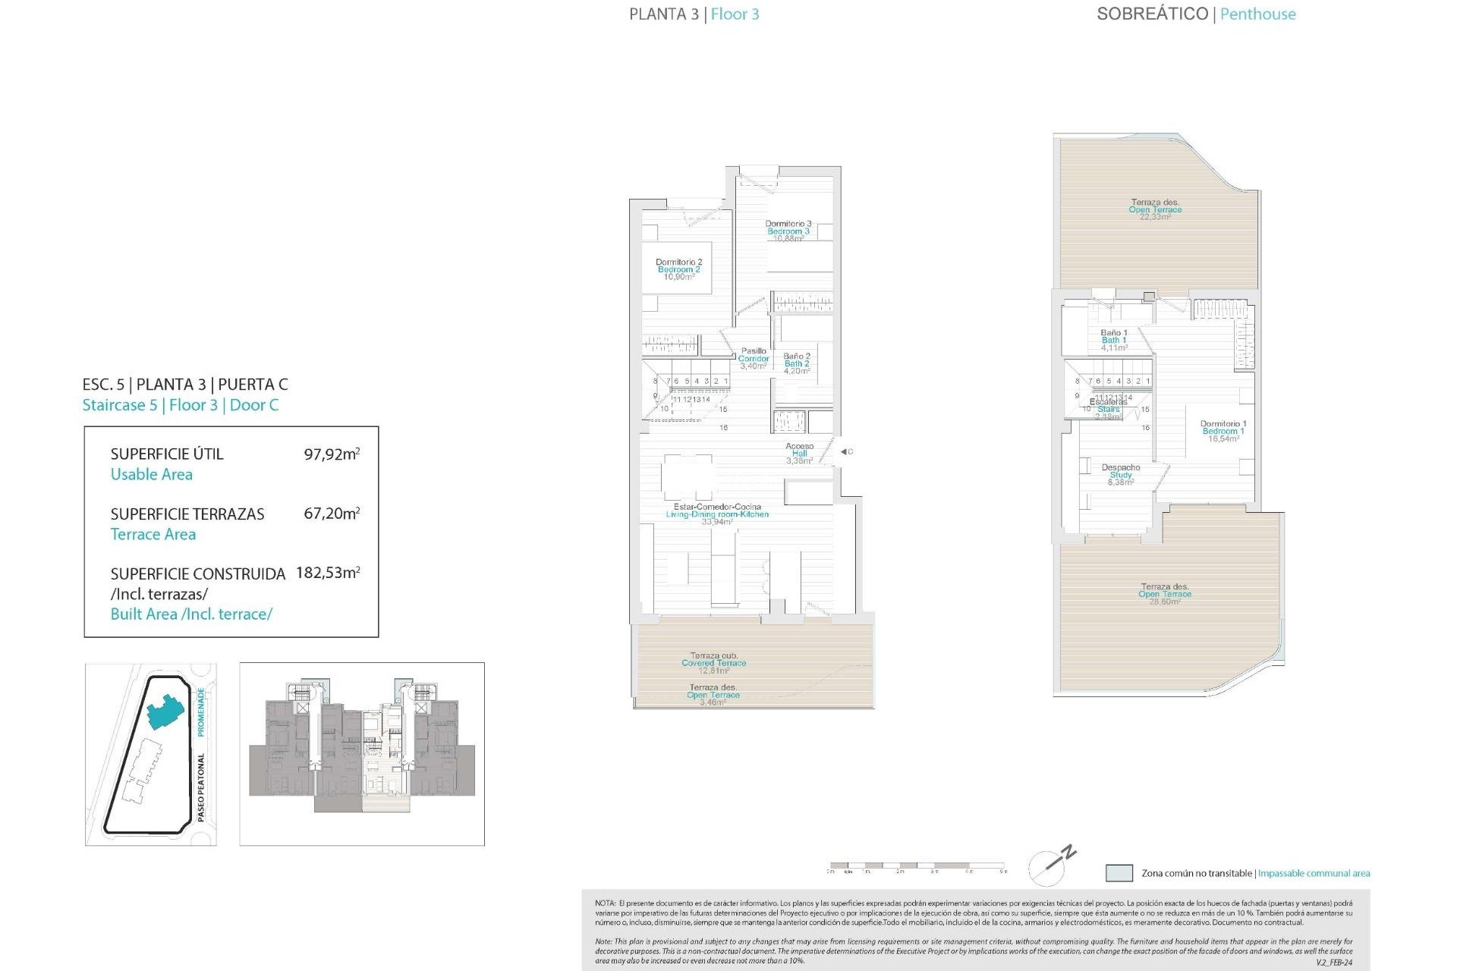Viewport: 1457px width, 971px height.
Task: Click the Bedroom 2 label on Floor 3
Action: [x=678, y=269]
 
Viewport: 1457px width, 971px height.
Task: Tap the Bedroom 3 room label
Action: [x=788, y=231]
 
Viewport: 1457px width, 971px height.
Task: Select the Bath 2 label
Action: [x=796, y=363]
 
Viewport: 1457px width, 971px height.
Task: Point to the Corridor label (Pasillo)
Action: [x=754, y=358]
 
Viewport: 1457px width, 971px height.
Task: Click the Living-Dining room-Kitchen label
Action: [x=717, y=514]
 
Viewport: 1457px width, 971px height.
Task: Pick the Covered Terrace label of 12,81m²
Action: [x=713, y=662]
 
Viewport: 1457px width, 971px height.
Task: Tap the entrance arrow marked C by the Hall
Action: [x=845, y=451]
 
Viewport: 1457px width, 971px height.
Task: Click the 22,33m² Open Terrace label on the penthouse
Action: [x=1155, y=209]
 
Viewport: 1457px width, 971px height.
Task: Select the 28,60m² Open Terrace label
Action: [x=1164, y=594]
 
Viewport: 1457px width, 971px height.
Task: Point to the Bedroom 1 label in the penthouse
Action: [x=1223, y=431]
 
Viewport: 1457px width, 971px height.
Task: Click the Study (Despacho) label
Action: [x=1120, y=474]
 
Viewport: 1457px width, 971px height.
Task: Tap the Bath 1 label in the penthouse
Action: [x=1114, y=340]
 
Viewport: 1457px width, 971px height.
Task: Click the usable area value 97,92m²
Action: [x=332, y=454]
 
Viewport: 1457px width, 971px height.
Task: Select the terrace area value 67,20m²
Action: [x=332, y=514]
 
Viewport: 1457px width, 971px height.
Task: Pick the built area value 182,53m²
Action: [x=328, y=573]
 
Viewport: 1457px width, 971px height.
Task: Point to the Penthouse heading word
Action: [x=1257, y=14]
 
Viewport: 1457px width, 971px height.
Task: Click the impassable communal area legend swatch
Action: [x=1119, y=873]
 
